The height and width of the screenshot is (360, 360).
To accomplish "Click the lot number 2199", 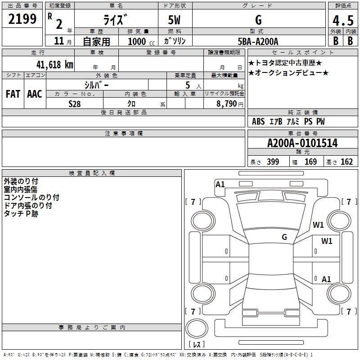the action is (x=22, y=19).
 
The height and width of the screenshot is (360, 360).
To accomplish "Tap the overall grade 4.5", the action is (x=343, y=20).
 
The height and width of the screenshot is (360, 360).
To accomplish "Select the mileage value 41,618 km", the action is (x=55, y=64).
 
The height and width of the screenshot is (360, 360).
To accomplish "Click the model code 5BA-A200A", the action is (x=258, y=41).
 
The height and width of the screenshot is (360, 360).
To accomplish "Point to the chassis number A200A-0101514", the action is (x=302, y=143).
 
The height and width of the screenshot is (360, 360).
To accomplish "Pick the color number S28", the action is (x=75, y=104).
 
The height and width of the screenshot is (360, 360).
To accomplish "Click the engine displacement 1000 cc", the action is (x=141, y=41).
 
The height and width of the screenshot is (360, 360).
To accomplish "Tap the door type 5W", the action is (x=174, y=20).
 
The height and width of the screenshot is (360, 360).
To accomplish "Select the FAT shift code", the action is (x=13, y=94).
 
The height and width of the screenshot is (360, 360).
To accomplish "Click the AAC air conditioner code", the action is (x=35, y=94).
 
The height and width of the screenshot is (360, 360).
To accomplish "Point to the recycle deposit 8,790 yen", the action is (x=229, y=104).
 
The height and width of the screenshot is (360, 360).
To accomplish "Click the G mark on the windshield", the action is (x=284, y=237).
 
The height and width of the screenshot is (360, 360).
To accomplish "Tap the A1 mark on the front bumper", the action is (x=220, y=184).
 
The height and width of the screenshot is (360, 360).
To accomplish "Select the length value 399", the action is (x=273, y=162).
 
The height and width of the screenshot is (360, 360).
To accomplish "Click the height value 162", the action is (x=346, y=162).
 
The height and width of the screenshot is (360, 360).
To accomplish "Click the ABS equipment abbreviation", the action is (x=258, y=121).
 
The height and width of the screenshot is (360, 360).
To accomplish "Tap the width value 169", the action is (x=310, y=162).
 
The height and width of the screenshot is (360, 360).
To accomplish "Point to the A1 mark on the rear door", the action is (x=326, y=279).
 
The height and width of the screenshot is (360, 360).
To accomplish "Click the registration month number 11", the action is (x=59, y=41).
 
